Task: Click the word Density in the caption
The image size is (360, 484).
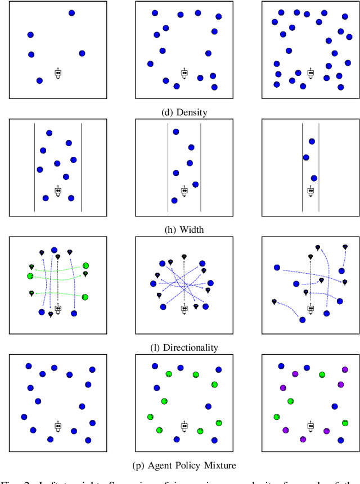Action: (192, 112)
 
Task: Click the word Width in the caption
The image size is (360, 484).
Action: (191, 229)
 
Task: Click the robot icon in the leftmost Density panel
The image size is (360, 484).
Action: (58, 73)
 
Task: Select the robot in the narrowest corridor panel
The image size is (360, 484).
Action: (310, 191)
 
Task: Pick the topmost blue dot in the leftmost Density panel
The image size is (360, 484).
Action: (71, 12)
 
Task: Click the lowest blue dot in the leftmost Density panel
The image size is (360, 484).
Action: (39, 81)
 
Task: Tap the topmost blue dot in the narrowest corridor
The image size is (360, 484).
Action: (312, 142)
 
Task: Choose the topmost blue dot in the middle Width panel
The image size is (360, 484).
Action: (175, 132)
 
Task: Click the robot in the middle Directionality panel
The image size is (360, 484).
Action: (184, 308)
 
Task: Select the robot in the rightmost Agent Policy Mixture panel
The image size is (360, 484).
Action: (310, 426)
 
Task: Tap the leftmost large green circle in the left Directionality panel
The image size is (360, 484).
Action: (30, 276)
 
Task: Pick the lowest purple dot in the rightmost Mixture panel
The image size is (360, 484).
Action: (303, 439)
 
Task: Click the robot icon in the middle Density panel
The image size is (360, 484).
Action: (184, 73)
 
